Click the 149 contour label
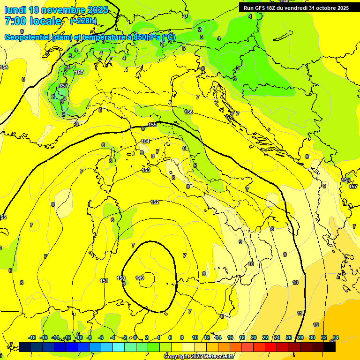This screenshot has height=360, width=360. (x=140, y=278)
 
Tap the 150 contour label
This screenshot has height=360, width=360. (x=121, y=278)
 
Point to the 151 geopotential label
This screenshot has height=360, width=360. (x=104, y=281)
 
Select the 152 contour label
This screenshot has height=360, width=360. (x=155, y=202)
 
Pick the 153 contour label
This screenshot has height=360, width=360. (x=146, y=170)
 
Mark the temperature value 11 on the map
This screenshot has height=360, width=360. (x=300, y=313)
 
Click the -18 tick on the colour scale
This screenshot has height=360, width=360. (x=32, y=337)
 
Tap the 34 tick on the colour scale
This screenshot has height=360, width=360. (x=336, y=337)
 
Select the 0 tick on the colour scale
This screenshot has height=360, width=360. (x=135, y=337)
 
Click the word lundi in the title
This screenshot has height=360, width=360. (x=15, y=10)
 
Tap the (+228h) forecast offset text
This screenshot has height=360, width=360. (x=83, y=21)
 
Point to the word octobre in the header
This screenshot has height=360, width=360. (x=328, y=8)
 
